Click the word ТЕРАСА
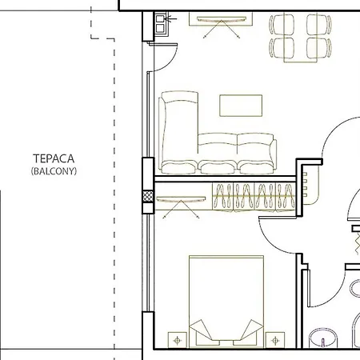click(x=54, y=159)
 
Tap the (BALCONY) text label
click(x=54, y=171)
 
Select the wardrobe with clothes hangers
click(x=254, y=196)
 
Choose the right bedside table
click(x=277, y=339)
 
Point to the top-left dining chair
click(x=278, y=24)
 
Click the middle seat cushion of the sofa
click(x=217, y=152)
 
